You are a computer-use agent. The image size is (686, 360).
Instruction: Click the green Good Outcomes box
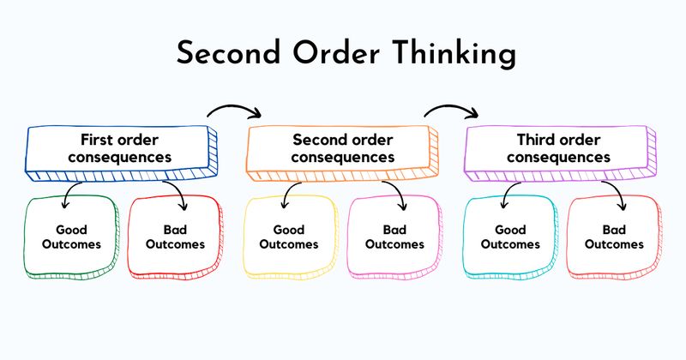[x=71, y=237]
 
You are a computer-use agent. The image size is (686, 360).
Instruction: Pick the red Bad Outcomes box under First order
[x=175, y=237]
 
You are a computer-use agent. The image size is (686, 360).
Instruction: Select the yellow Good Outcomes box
[x=289, y=237]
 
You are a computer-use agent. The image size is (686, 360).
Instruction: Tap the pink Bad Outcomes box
[x=394, y=237]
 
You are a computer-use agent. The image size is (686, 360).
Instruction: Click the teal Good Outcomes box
[x=509, y=237]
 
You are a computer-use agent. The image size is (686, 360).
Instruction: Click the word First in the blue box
[x=97, y=139]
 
